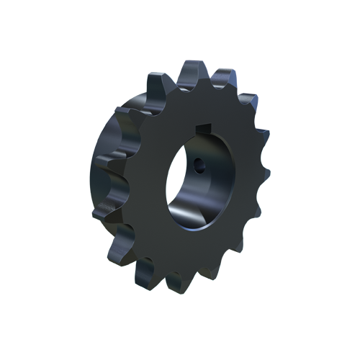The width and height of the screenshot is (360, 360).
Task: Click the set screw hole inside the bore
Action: [x=198, y=164]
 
